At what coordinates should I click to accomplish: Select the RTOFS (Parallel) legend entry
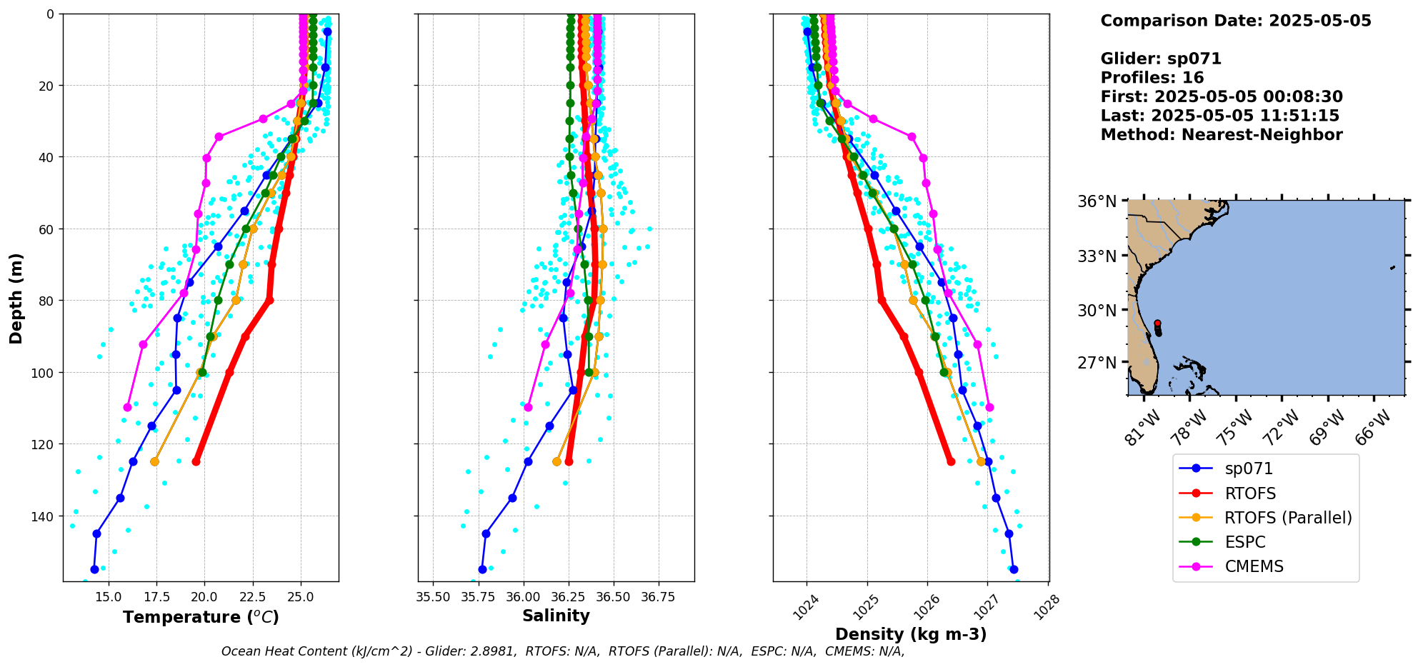point(1288,518)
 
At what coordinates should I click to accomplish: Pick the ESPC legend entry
point(1244,542)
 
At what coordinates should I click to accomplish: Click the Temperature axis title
point(201,617)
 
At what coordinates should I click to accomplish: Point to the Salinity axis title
point(556,616)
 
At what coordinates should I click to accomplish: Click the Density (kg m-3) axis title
point(911,634)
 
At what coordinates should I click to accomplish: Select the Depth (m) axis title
point(16,298)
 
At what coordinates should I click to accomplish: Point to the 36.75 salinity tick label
point(658,597)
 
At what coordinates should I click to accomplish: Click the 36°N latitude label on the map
point(1097,201)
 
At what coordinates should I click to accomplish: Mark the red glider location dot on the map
point(1157,324)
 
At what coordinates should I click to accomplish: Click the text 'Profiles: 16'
point(1152,78)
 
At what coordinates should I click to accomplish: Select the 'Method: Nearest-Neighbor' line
point(1221,135)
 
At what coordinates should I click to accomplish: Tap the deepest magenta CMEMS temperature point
point(127,407)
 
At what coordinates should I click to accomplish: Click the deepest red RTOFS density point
point(951,461)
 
